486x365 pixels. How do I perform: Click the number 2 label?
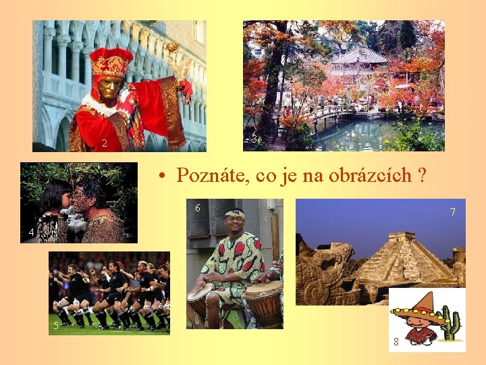[x=104, y=143]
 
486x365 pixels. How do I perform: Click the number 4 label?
[x=31, y=233]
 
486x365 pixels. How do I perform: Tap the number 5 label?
[x=56, y=326]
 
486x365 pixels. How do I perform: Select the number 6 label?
[x=197, y=208]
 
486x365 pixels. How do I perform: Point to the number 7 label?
[x=453, y=212]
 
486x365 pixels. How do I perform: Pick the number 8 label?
[x=396, y=343]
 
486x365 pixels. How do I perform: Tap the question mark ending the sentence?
[x=422, y=176]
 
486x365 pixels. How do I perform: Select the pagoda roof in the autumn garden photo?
[x=358, y=55]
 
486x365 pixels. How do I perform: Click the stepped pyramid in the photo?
[x=404, y=258]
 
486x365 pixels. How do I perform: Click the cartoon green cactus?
[x=451, y=324]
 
